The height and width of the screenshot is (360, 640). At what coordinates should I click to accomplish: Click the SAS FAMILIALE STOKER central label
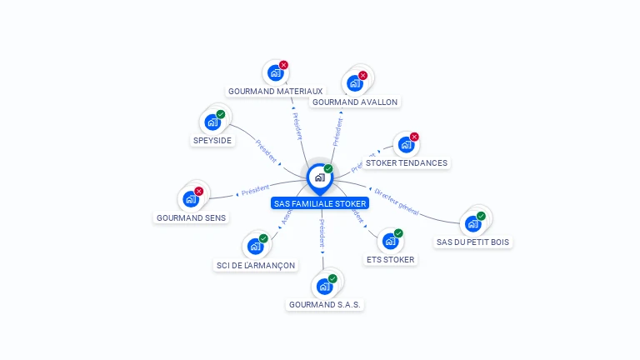tap(320, 203)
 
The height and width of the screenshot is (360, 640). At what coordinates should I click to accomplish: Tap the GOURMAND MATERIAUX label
tap(275, 91)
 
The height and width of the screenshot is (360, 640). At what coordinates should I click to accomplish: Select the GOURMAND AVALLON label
tap(354, 102)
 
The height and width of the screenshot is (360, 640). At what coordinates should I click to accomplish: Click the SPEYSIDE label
tap(212, 140)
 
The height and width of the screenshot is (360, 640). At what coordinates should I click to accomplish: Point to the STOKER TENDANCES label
tap(407, 163)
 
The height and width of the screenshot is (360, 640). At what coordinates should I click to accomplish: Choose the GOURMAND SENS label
tap(191, 217)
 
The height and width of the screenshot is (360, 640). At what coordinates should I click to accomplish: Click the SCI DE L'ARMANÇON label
tap(255, 265)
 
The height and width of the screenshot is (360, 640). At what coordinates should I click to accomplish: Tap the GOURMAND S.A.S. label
tap(325, 305)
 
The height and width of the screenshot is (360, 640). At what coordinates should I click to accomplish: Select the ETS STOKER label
tap(390, 259)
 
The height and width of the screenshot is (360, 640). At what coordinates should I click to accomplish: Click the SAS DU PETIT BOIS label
tap(473, 242)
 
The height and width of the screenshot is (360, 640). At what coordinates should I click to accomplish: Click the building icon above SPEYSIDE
tap(212, 122)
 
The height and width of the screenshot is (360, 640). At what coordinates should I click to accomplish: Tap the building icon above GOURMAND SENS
tap(190, 199)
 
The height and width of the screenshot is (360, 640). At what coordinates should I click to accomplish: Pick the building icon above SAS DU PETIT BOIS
tap(472, 223)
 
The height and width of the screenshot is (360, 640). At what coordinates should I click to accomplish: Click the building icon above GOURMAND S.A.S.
tap(324, 287)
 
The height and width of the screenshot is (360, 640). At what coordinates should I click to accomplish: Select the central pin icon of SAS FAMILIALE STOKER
tap(319, 177)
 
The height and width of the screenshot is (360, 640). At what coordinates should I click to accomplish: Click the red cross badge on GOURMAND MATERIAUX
tap(283, 65)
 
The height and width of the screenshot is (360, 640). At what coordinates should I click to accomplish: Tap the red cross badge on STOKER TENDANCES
tap(414, 137)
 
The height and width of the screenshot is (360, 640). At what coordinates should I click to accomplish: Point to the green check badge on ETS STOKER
tap(398, 233)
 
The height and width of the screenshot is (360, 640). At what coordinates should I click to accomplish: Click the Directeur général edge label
tap(397, 200)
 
